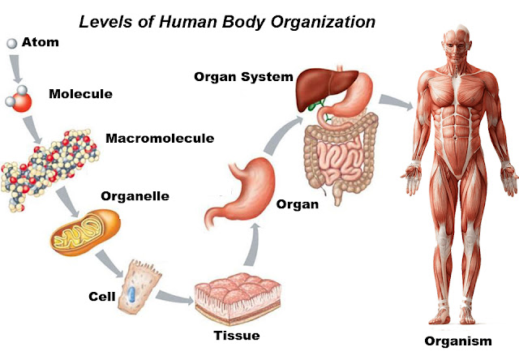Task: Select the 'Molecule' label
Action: coord(80,94)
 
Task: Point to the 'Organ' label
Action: coord(298,204)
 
